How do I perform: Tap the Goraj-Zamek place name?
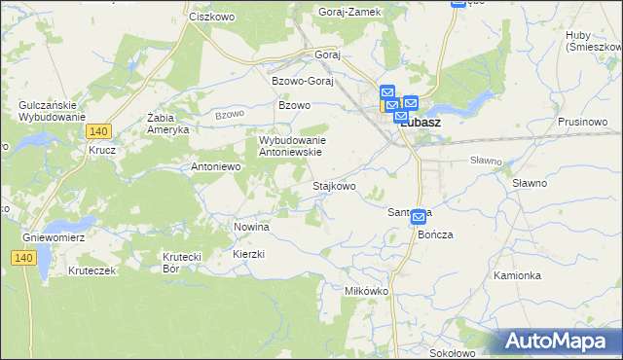coord(350,12)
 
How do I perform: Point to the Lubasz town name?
coord(423,124)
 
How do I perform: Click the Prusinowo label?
coord(583,122)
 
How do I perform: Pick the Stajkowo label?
coord(333,185)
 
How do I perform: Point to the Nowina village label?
coord(251,226)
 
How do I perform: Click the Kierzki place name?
coord(249,253)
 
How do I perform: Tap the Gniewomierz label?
coord(55,236)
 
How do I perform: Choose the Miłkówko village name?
coord(367,291)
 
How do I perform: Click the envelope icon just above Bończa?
coord(419,217)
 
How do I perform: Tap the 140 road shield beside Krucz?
coord(96,130)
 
